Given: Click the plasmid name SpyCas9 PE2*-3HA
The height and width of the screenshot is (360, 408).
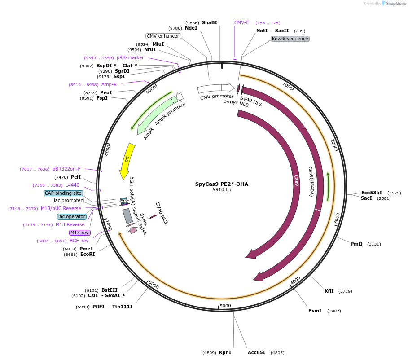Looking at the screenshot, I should click(x=221, y=184).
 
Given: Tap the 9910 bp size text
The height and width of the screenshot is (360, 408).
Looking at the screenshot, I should click(x=222, y=190).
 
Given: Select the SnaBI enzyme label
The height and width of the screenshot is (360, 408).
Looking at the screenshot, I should click(x=209, y=22).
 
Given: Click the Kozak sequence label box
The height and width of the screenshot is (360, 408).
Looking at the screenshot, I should click(x=290, y=39).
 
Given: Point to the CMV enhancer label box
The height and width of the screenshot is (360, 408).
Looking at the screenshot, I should click(x=163, y=36).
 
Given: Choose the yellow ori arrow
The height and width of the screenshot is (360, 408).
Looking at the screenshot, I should click(x=126, y=160).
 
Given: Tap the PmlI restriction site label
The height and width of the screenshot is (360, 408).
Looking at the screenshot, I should click(x=356, y=244).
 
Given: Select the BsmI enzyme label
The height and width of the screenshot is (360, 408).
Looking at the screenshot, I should click(x=315, y=311).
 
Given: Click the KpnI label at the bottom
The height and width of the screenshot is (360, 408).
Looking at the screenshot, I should click(x=225, y=352).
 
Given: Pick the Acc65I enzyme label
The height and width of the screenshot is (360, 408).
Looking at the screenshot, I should click(x=256, y=352).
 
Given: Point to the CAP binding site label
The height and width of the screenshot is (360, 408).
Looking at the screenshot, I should click(x=63, y=193).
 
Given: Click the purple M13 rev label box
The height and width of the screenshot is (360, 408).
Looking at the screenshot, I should click(x=79, y=233).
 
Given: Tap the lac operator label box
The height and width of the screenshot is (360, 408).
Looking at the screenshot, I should click(x=71, y=216).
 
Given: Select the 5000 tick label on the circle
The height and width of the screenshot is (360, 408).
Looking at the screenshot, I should click(x=225, y=306).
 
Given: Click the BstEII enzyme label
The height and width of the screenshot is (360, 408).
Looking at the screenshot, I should click(x=109, y=290).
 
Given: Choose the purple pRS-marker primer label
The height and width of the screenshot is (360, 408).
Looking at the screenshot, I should click(x=130, y=57).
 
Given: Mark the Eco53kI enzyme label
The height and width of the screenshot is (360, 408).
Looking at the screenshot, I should click(x=371, y=193).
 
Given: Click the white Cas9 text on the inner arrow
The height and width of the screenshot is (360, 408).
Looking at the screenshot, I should click(x=296, y=180).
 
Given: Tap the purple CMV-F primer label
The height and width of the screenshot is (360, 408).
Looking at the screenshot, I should click(x=241, y=22).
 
